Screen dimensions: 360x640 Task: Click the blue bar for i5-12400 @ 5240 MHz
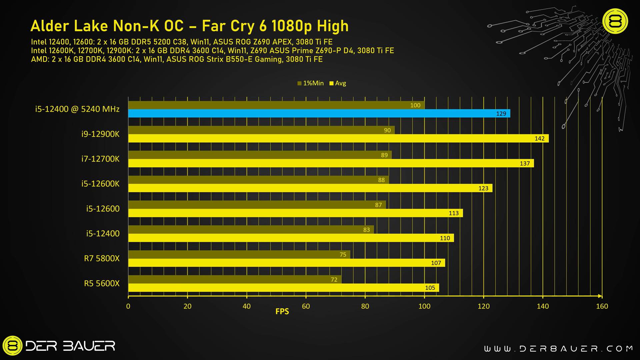[319, 113]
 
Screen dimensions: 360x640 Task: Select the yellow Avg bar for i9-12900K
[338, 138]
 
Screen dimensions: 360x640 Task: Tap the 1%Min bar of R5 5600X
[235, 279]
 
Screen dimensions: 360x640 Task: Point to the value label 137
[525, 163]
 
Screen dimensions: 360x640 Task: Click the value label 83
[366, 230]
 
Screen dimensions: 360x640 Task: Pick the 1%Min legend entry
[310, 83]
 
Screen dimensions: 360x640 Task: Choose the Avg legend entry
[338, 83]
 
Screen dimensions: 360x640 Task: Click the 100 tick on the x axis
[424, 306]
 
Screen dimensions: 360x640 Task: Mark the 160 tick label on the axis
[602, 306]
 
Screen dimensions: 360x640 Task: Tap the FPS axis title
[282, 311]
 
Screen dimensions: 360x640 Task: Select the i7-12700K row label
[100, 159]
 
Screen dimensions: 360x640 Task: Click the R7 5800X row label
[102, 258]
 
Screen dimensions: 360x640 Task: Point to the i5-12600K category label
[100, 184]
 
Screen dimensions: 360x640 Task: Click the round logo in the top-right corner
[615, 21]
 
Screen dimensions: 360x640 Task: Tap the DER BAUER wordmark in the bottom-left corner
[70, 346]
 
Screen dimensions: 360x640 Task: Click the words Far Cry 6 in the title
[234, 26]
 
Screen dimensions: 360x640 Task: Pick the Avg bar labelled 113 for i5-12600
[295, 213]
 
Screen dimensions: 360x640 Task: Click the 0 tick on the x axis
[128, 306]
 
